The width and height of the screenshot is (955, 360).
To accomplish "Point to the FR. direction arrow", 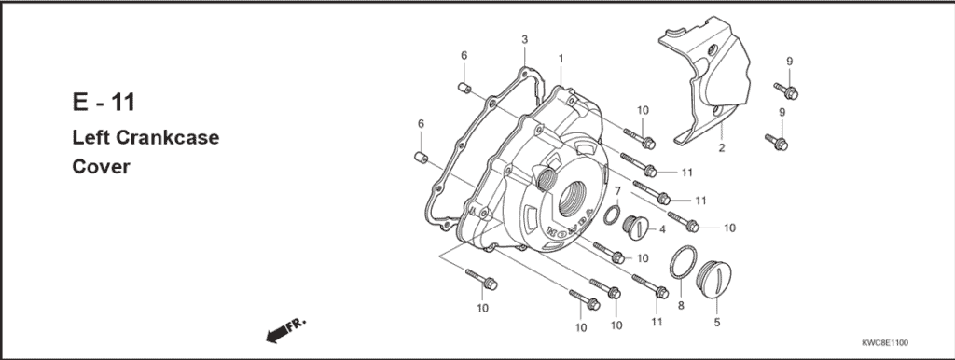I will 285,327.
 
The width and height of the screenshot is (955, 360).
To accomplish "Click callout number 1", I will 561,58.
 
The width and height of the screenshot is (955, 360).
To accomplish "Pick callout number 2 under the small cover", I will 721,148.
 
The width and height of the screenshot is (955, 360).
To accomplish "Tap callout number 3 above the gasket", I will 525,39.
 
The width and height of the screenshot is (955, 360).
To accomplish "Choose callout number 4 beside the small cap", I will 661,228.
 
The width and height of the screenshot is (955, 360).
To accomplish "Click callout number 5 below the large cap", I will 717,323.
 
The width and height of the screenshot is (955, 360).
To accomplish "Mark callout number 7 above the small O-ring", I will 616,191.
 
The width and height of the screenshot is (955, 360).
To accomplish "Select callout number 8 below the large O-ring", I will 681,305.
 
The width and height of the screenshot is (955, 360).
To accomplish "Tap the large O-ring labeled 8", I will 683,262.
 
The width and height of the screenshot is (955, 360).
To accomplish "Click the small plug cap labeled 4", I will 635,227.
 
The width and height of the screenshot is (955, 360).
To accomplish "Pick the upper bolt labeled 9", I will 786,90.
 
